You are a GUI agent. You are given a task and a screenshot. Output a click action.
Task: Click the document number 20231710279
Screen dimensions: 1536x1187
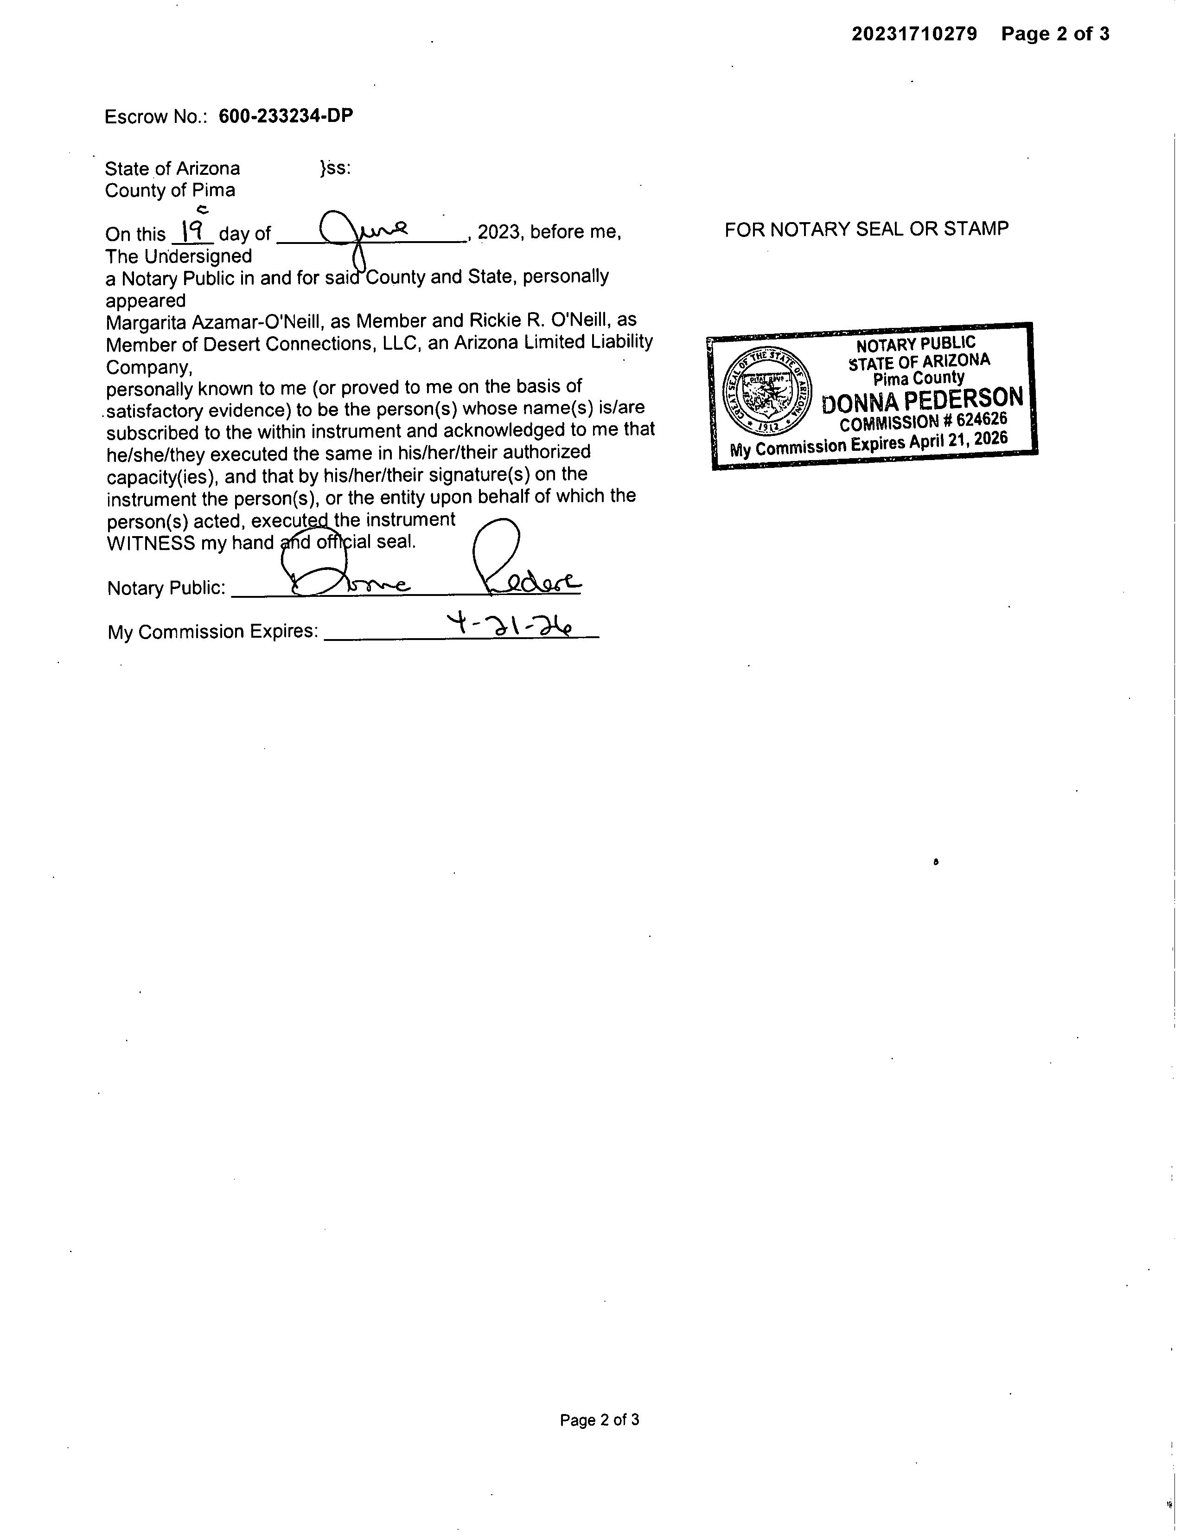pos(914,34)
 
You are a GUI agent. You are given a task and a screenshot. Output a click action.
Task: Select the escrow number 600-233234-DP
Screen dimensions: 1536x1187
pos(286,116)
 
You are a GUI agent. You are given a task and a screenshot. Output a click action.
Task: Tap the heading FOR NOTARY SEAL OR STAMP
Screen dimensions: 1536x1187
pos(866,229)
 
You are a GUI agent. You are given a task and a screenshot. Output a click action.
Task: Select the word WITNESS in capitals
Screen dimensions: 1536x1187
pos(151,543)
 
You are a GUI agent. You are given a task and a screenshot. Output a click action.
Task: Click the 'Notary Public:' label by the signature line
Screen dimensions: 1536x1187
pos(166,588)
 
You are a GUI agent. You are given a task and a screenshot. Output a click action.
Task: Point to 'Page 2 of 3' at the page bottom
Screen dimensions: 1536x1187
pos(599,1420)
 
